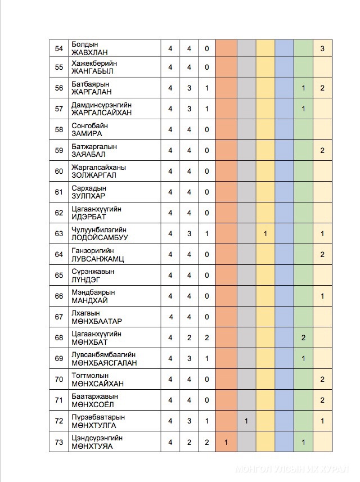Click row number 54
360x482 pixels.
click(x=58, y=49)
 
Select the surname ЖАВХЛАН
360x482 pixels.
click(x=89, y=53)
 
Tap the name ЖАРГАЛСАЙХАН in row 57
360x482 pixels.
click(x=101, y=112)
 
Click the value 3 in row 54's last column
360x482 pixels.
click(x=322, y=49)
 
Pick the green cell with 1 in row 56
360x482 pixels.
click(x=303, y=88)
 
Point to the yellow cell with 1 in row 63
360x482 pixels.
click(x=265, y=233)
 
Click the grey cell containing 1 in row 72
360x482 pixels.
click(x=246, y=421)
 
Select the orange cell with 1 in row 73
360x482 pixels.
click(x=226, y=442)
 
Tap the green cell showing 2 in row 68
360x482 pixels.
click(x=303, y=337)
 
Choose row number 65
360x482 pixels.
click(x=58, y=275)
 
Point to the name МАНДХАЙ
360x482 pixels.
click(x=89, y=300)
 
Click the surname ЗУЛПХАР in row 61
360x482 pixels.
click(x=89, y=196)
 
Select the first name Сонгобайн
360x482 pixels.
click(x=90, y=125)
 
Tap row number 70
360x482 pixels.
click(x=58, y=379)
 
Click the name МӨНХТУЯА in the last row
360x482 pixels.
click(x=92, y=446)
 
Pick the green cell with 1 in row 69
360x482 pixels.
click(x=303, y=358)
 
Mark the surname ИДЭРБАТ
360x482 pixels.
click(x=88, y=217)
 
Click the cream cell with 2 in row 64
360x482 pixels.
click(x=322, y=254)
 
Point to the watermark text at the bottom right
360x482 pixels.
click(x=292, y=469)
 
